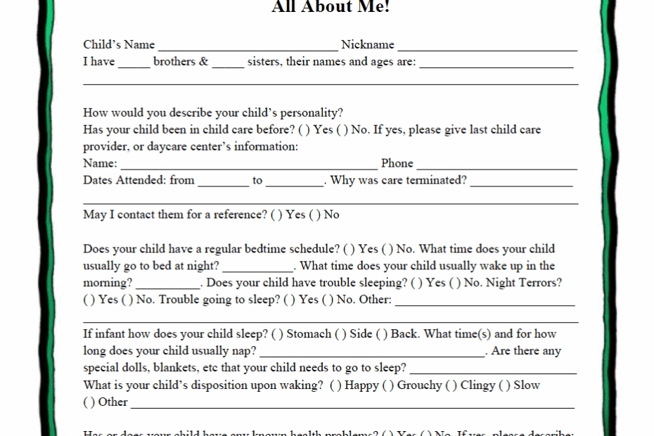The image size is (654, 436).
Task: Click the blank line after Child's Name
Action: tap(248, 46)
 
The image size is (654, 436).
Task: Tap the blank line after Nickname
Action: tap(487, 46)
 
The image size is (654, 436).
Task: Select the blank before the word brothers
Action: tap(134, 63)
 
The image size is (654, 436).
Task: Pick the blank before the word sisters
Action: tap(228, 63)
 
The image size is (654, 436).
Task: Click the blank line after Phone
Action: tap(496, 165)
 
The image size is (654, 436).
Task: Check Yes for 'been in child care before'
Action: tap(304, 130)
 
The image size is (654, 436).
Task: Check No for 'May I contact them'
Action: tap(314, 215)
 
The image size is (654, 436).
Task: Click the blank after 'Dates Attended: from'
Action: tap(223, 182)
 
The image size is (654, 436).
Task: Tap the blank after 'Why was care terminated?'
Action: tap(521, 182)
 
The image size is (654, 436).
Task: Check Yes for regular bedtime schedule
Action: tap(349, 249)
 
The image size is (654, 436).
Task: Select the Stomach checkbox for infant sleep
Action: tap(277, 334)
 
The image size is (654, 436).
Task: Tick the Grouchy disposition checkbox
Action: tap(387, 385)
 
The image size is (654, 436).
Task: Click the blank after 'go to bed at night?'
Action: tap(257, 268)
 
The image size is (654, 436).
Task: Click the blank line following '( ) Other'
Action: tap(352, 404)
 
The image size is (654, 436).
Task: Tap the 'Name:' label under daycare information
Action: tap(100, 164)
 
